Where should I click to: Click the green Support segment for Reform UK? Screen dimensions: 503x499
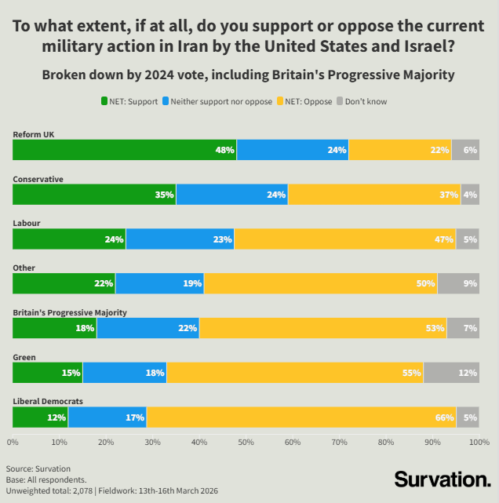tap(124, 150)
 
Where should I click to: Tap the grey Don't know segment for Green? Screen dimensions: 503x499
tap(451, 373)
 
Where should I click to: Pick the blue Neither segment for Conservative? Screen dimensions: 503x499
tap(231, 195)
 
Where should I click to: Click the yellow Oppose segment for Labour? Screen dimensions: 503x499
tap(344, 239)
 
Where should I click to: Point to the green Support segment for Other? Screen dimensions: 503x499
tap(64, 283)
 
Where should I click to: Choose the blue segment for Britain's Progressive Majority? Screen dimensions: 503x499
tap(148, 328)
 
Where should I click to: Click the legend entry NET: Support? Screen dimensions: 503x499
tap(129, 101)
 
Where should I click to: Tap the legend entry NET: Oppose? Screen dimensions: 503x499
tap(306, 101)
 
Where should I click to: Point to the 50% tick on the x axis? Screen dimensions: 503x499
tap(246, 443)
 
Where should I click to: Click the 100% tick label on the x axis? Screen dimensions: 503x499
tap(478, 443)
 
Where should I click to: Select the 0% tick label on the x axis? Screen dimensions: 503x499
tap(13, 443)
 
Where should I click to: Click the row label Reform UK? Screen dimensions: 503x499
tap(33, 134)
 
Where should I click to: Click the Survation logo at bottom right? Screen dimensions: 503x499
tap(442, 479)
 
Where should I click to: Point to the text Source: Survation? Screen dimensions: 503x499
tap(38, 468)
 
